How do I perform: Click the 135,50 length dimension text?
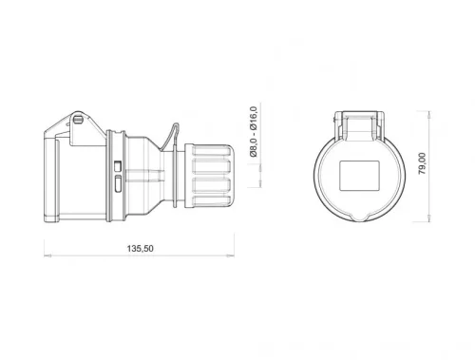(141, 249)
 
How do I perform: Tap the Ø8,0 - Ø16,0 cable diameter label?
(253, 140)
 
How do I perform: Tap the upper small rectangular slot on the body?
(117, 164)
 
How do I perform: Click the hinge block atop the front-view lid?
(362, 123)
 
